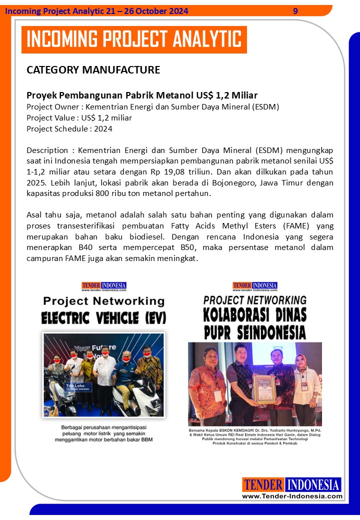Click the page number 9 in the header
click(295, 11)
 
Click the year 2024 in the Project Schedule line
click(102, 128)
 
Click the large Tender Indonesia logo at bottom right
click(291, 484)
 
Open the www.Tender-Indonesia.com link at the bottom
click(292, 496)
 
